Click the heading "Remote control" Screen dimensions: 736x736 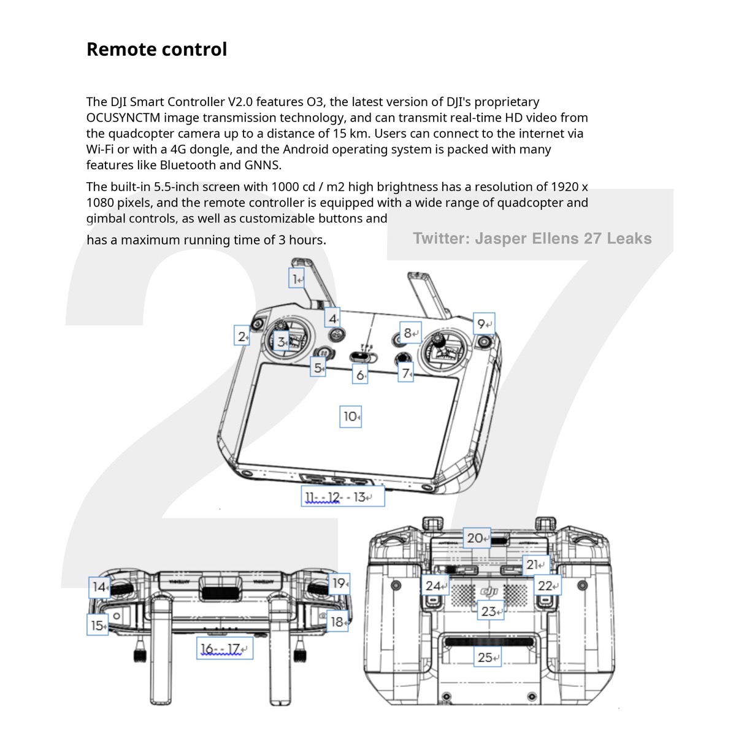pyautogui.click(x=156, y=49)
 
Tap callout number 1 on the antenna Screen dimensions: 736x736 pyautogui.click(x=297, y=279)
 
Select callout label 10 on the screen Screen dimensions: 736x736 pyautogui.click(x=350, y=416)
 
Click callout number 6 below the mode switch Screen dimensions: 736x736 pyautogui.click(x=360, y=374)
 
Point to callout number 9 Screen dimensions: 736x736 pyautogui.click(x=484, y=324)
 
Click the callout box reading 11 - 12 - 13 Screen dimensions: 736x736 pyautogui.click(x=343, y=497)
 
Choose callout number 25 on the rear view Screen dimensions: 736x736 pyautogui.click(x=488, y=657)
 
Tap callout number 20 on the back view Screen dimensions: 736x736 pyautogui.click(x=477, y=538)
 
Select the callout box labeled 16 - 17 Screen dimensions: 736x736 pyautogui.click(x=224, y=649)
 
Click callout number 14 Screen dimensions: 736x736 pyautogui.click(x=99, y=587)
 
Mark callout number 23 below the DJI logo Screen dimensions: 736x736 pyautogui.click(x=490, y=611)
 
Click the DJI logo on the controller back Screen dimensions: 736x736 pyautogui.click(x=489, y=591)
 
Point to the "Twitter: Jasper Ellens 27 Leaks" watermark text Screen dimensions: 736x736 pyautogui.click(x=532, y=239)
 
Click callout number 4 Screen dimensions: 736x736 pyautogui.click(x=332, y=318)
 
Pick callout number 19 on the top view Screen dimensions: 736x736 pyautogui.click(x=340, y=583)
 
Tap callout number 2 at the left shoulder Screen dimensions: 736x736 pyautogui.click(x=242, y=337)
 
